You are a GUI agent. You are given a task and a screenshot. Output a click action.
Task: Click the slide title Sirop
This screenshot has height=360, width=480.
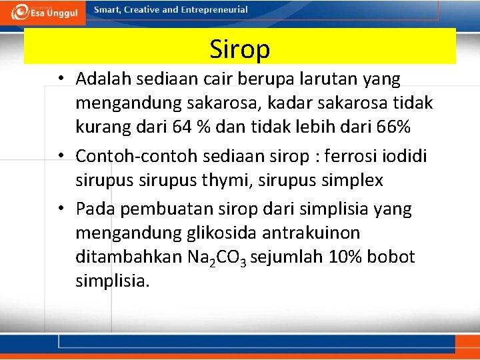coord(239,49)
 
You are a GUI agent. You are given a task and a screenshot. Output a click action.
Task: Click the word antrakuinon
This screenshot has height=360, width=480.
coord(322,233)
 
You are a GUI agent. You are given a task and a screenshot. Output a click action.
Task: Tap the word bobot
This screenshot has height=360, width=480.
coord(395,257)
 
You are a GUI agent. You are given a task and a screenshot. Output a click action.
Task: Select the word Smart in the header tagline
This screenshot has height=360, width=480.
coord(107,10)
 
